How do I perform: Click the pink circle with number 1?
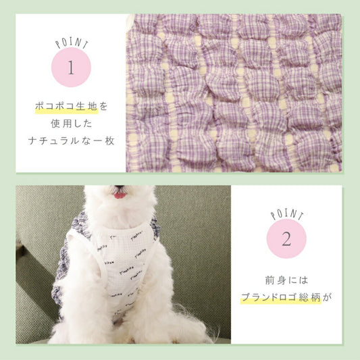click(x=71, y=68)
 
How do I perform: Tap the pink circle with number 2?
click(x=286, y=238)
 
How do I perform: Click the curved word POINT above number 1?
click(x=72, y=43)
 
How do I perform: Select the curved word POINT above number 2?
click(x=287, y=215)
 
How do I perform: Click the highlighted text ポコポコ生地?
click(x=66, y=106)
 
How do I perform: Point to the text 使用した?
click(x=72, y=124)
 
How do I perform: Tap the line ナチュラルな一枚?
click(x=72, y=140)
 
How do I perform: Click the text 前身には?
click(x=286, y=280)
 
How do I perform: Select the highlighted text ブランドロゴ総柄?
click(x=281, y=297)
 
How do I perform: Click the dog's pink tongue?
click(x=120, y=195)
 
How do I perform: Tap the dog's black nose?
click(x=120, y=187)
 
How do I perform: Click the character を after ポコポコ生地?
click(x=103, y=106)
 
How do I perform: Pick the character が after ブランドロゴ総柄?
click(x=327, y=298)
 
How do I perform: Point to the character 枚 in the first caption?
click(x=110, y=141)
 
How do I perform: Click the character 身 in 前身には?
click(x=281, y=280)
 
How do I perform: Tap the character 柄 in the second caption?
click(x=316, y=297)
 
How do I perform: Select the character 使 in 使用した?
click(x=55, y=124)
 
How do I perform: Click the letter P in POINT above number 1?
click(x=58, y=45)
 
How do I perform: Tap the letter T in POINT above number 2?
click(x=301, y=217)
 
